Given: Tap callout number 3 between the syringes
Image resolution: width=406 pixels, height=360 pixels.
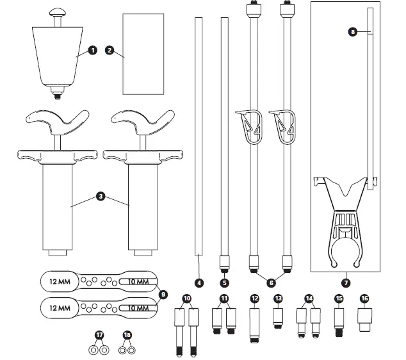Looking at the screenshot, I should pyautogui.click(x=101, y=197).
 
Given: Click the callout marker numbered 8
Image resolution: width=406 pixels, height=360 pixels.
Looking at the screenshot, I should pyautogui.click(x=353, y=33).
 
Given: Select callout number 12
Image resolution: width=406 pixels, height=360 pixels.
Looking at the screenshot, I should pyautogui.click(x=254, y=298).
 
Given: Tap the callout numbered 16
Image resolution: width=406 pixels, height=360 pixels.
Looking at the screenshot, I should pyautogui.click(x=365, y=298).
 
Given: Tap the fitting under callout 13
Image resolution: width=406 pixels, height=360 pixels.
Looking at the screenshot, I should pyautogui.click(x=279, y=318).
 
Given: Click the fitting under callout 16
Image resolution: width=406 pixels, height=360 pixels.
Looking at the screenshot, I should pyautogui.click(x=365, y=318).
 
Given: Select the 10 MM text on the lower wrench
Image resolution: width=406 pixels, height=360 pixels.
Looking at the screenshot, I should pyautogui.click(x=136, y=309).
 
